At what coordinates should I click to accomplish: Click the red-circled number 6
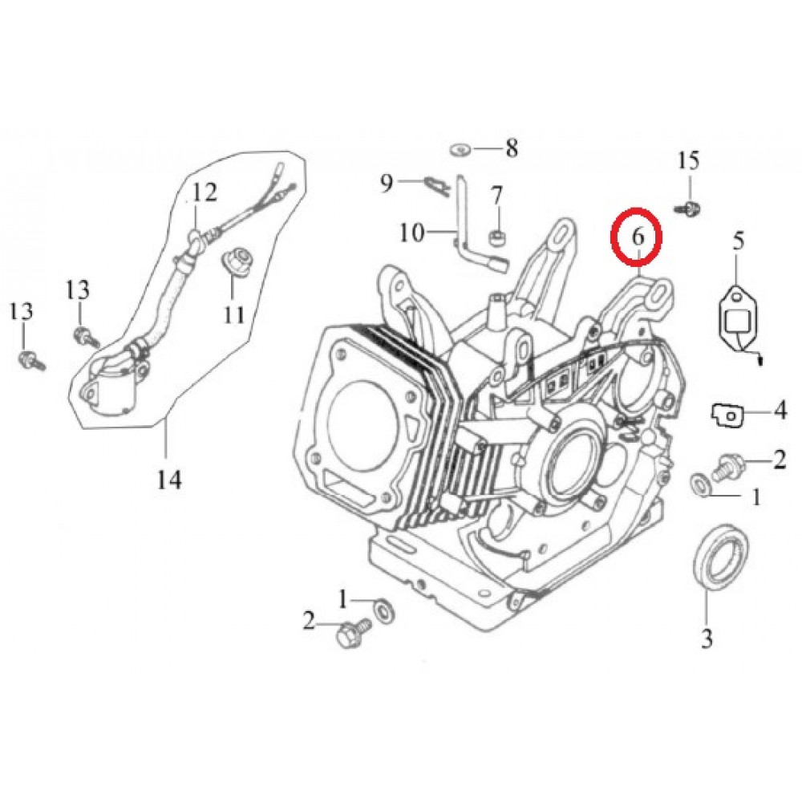(638, 237)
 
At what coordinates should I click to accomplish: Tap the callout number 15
(688, 161)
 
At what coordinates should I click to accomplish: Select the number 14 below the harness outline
(168, 480)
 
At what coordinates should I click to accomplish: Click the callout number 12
(205, 192)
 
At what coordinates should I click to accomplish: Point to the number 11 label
(233, 315)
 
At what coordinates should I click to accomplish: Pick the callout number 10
(412, 233)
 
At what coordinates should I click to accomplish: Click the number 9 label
(387, 183)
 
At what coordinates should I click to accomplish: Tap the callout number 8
(512, 148)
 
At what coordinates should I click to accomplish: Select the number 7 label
(496, 196)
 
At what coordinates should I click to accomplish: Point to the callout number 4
(780, 411)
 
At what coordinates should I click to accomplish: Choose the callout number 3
(707, 638)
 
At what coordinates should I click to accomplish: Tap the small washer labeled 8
(461, 151)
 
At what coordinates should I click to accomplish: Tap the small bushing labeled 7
(496, 237)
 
